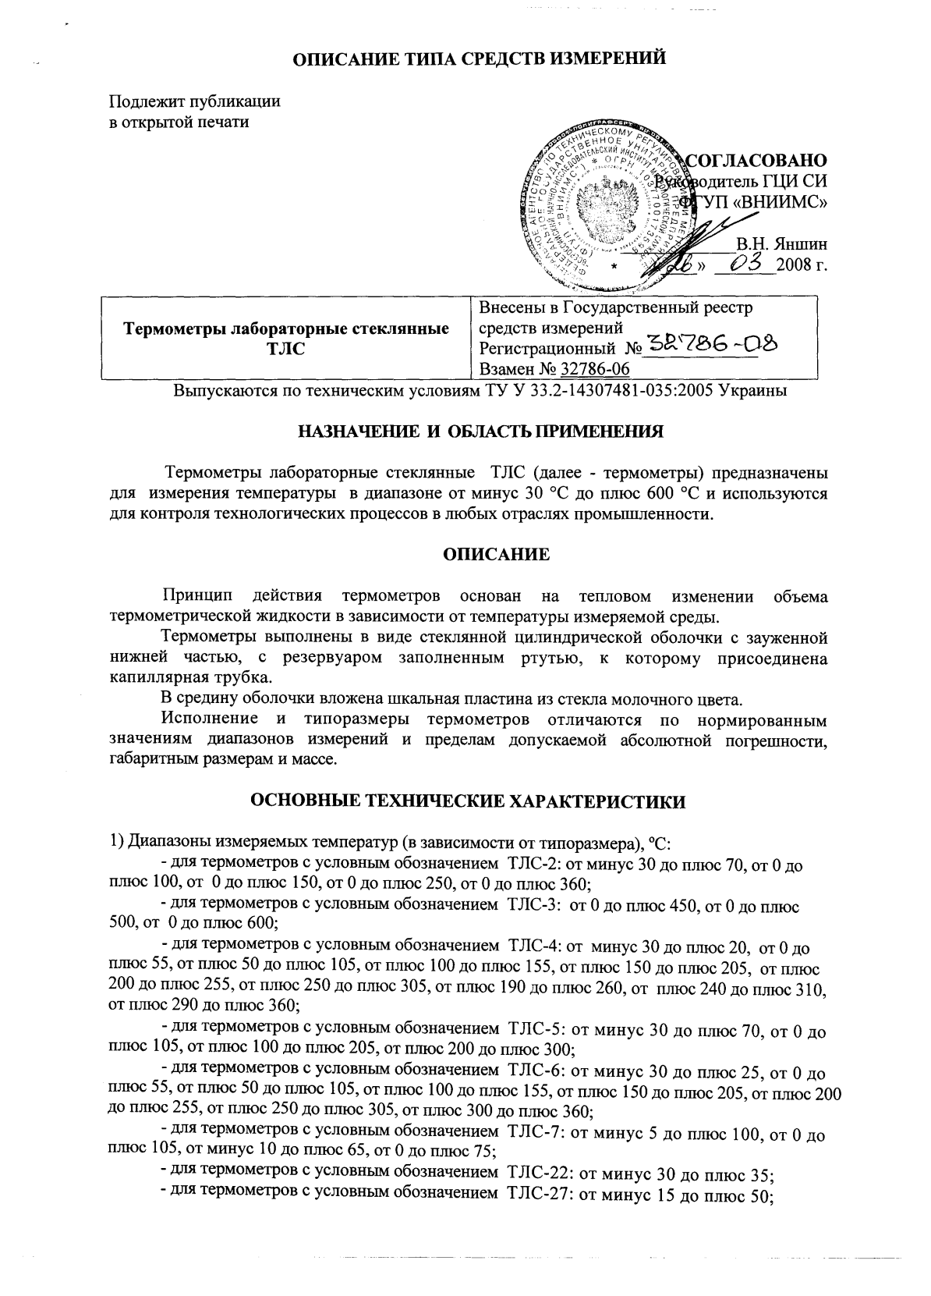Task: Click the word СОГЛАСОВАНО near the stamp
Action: (755, 161)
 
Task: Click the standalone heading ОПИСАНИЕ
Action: (496, 555)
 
